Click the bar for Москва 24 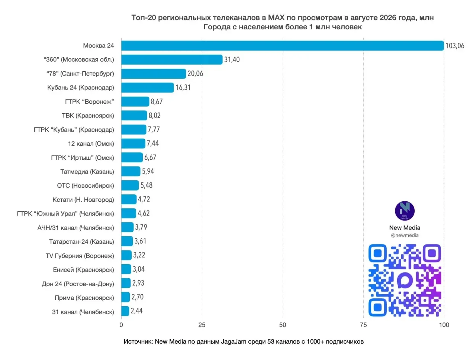pos(282,45)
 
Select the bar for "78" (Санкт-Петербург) pos(153,74)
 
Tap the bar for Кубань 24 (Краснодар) pos(147,88)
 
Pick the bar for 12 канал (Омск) pos(133,143)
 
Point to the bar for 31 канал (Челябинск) pos(125,311)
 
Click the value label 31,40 pos(232,59)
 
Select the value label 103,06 pos(454,45)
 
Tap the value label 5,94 pos(148,171)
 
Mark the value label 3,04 pos(138,269)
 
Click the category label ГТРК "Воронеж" pos(89,101)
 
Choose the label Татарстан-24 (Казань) pos(81,241)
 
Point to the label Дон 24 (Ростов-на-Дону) pos(78,283)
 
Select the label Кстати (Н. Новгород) pos(83,199)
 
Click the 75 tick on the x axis pos(363,325)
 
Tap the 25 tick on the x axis pos(202,325)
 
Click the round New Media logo pos(405,211)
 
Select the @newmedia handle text pos(405,235)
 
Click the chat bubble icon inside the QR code pos(405,280)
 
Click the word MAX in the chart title pos(276,17)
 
